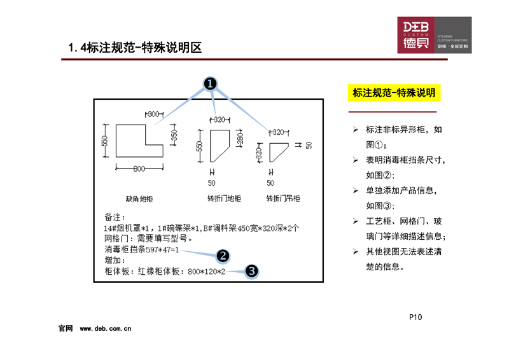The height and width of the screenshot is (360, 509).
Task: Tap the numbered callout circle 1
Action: (211, 85)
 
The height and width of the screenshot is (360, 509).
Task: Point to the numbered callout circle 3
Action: (251, 271)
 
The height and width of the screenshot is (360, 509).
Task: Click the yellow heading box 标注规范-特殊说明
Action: (394, 93)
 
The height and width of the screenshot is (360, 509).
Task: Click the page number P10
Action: (416, 317)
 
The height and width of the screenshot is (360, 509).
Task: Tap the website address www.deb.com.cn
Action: (106, 329)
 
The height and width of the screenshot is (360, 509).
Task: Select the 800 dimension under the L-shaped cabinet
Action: (140, 168)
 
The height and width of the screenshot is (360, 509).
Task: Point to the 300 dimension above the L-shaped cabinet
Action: (153, 114)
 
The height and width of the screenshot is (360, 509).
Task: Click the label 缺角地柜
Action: (140, 198)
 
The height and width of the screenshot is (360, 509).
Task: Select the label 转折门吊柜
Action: (283, 198)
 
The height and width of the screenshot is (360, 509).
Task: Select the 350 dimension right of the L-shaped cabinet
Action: (174, 135)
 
